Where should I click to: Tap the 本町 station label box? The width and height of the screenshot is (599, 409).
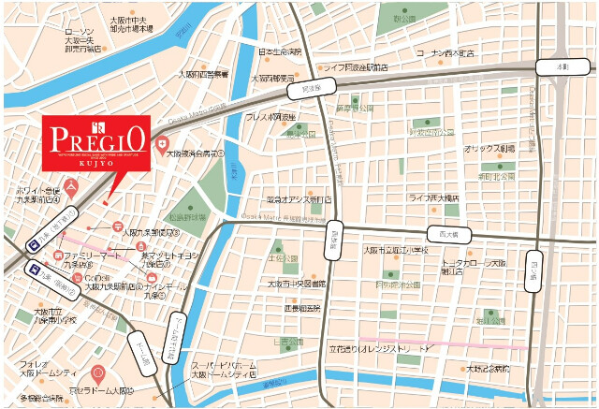tap(562, 67)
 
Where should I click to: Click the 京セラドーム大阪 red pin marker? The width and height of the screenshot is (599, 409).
tap(99, 373)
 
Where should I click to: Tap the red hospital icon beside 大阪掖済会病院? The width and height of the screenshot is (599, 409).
tap(162, 147)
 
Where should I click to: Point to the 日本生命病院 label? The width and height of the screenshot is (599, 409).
tap(280, 51)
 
